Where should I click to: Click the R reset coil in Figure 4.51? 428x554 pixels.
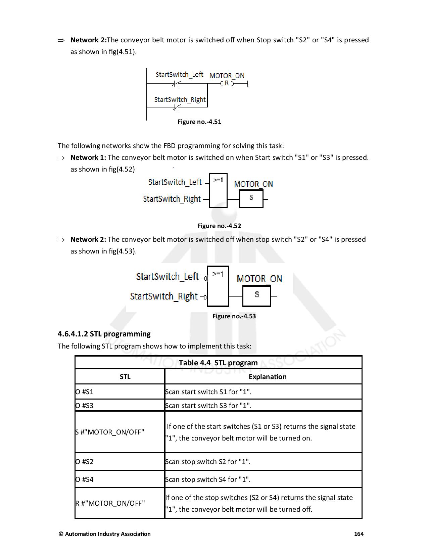pyautogui.click(x=227, y=83)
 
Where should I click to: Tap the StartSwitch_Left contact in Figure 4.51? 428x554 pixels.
pyautogui.click(x=177, y=83)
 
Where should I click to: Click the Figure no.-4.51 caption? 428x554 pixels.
pyautogui.click(x=199, y=122)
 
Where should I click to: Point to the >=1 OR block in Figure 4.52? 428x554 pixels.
pyautogui.click(x=218, y=190)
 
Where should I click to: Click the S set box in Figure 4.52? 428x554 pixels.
pyautogui.click(x=251, y=198)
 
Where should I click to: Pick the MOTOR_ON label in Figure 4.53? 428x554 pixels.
pyautogui.click(x=259, y=279)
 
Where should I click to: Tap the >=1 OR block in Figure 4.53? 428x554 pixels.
pyautogui.click(x=218, y=286)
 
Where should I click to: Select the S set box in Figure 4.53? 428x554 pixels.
pyautogui.click(x=256, y=296)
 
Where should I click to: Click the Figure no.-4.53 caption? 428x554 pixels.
pyautogui.click(x=234, y=316)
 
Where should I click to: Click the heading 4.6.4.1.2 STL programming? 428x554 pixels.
pyautogui.click(x=104, y=334)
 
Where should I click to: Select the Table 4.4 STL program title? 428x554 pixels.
pyautogui.click(x=218, y=363)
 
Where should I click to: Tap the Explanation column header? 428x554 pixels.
pyautogui.click(x=268, y=377)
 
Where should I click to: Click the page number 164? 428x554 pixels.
pyautogui.click(x=359, y=534)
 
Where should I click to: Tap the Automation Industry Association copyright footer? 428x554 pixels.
pyautogui.click(x=105, y=534)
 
